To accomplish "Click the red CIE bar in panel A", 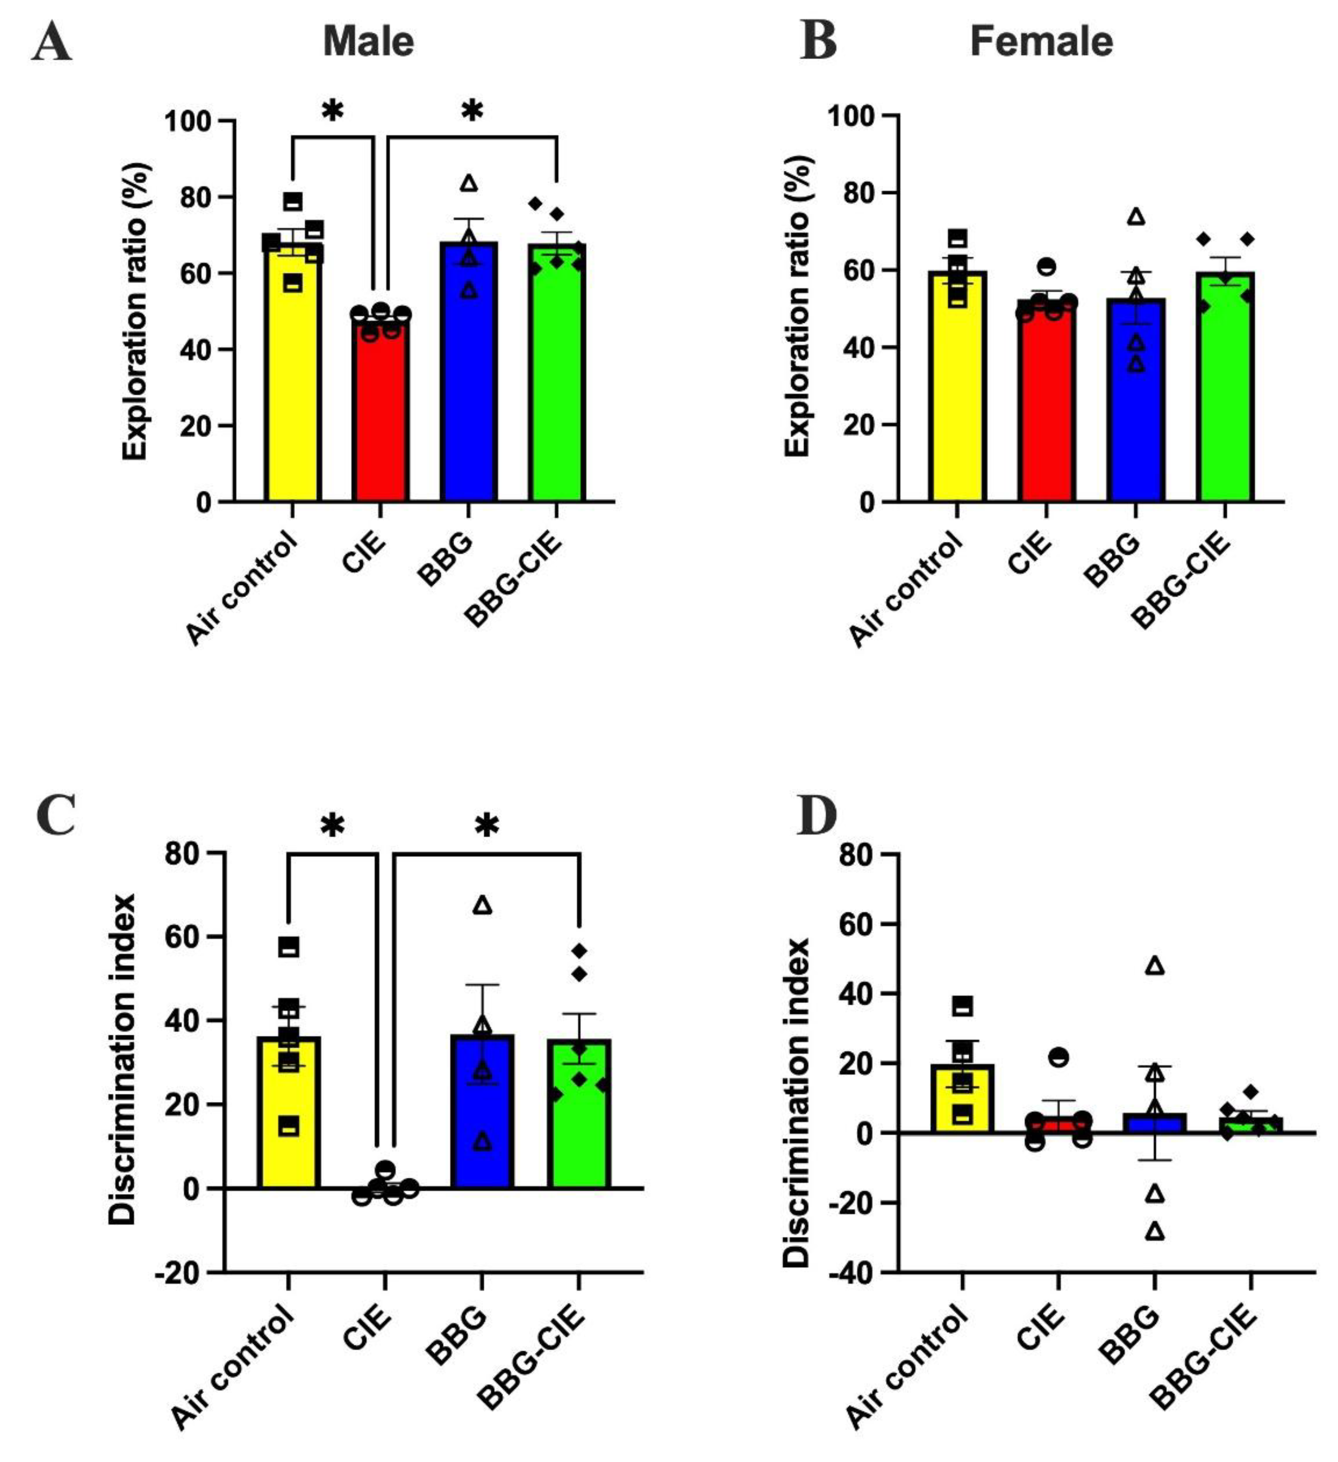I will [381, 421].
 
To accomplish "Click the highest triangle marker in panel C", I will [482, 905].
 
